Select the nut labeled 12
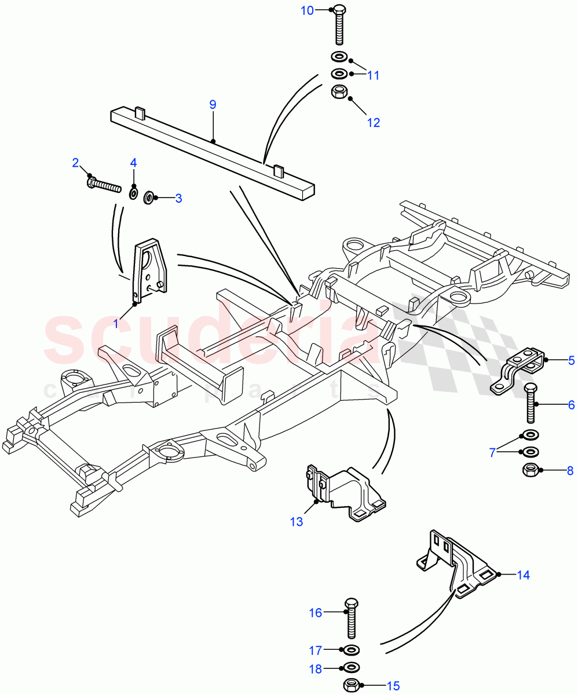click(x=339, y=92)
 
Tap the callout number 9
click(x=213, y=104)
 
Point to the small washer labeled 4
click(x=133, y=192)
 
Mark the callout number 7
click(x=493, y=452)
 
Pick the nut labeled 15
click(x=352, y=685)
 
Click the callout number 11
click(x=373, y=75)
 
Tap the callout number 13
click(x=296, y=522)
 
